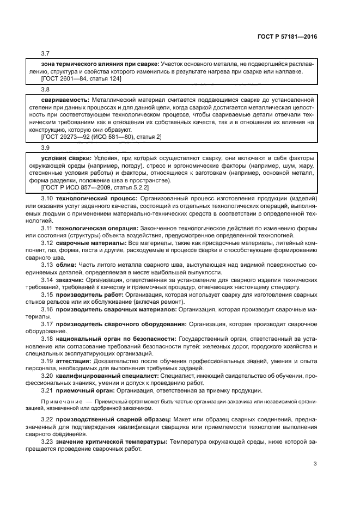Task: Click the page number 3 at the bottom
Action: [315, 464]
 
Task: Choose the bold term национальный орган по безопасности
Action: [116, 338]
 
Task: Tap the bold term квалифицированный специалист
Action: [105, 375]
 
